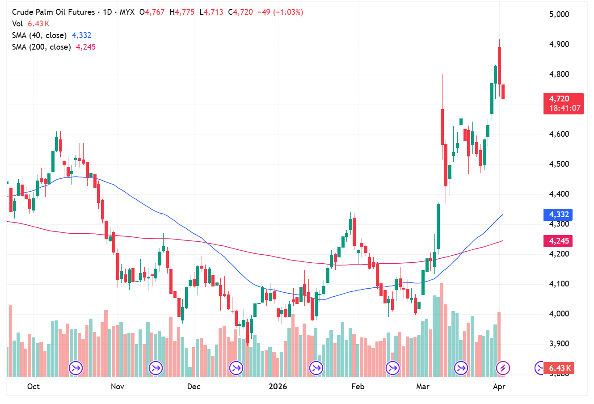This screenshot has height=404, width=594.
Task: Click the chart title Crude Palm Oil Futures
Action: click(x=53, y=12)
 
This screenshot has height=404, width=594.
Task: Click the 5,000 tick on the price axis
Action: click(x=559, y=14)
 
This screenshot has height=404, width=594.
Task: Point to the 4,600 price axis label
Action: click(x=559, y=134)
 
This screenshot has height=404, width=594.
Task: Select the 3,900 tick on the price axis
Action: click(x=559, y=344)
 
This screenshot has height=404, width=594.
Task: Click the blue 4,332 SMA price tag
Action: click(x=559, y=215)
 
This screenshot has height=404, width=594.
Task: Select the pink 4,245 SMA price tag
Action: click(x=559, y=241)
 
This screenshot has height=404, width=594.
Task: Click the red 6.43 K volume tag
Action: click(x=560, y=368)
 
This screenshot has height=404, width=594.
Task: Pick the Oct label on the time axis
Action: click(x=34, y=387)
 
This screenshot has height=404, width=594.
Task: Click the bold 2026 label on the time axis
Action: click(x=278, y=387)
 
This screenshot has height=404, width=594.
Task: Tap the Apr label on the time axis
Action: click(x=499, y=387)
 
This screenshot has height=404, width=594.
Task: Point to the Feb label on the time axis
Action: click(x=358, y=387)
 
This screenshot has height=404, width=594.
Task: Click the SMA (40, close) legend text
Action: click(x=39, y=35)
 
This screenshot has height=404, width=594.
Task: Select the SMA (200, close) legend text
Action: click(x=41, y=47)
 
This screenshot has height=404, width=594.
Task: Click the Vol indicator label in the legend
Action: click(x=17, y=24)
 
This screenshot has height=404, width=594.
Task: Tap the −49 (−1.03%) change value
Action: click(x=280, y=12)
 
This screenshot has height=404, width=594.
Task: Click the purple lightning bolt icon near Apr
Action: click(x=503, y=368)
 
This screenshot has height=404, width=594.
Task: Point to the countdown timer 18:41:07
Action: click(x=565, y=108)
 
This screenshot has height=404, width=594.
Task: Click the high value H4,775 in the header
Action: click(x=182, y=12)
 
